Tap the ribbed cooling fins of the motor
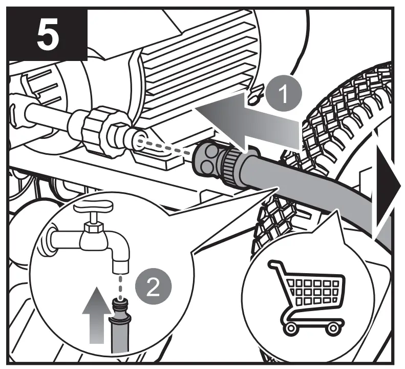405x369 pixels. click(205, 56)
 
